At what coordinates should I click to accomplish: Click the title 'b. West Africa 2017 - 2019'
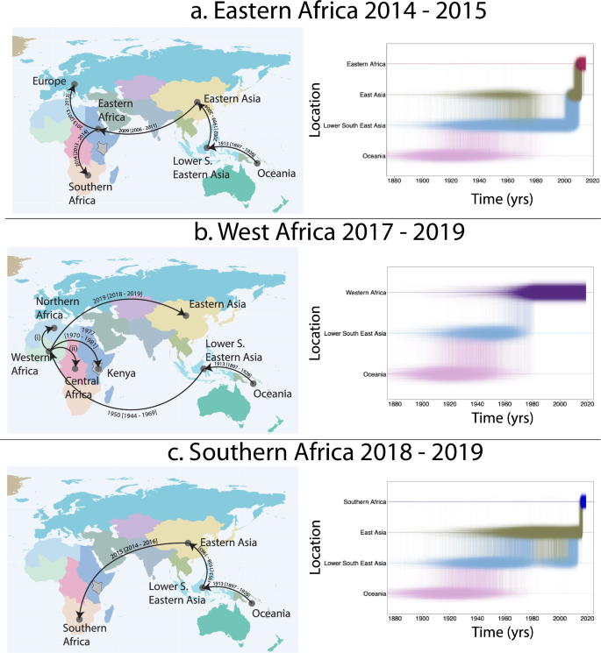[x=300, y=232]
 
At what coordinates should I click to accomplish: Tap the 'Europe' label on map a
[x=51, y=81]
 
